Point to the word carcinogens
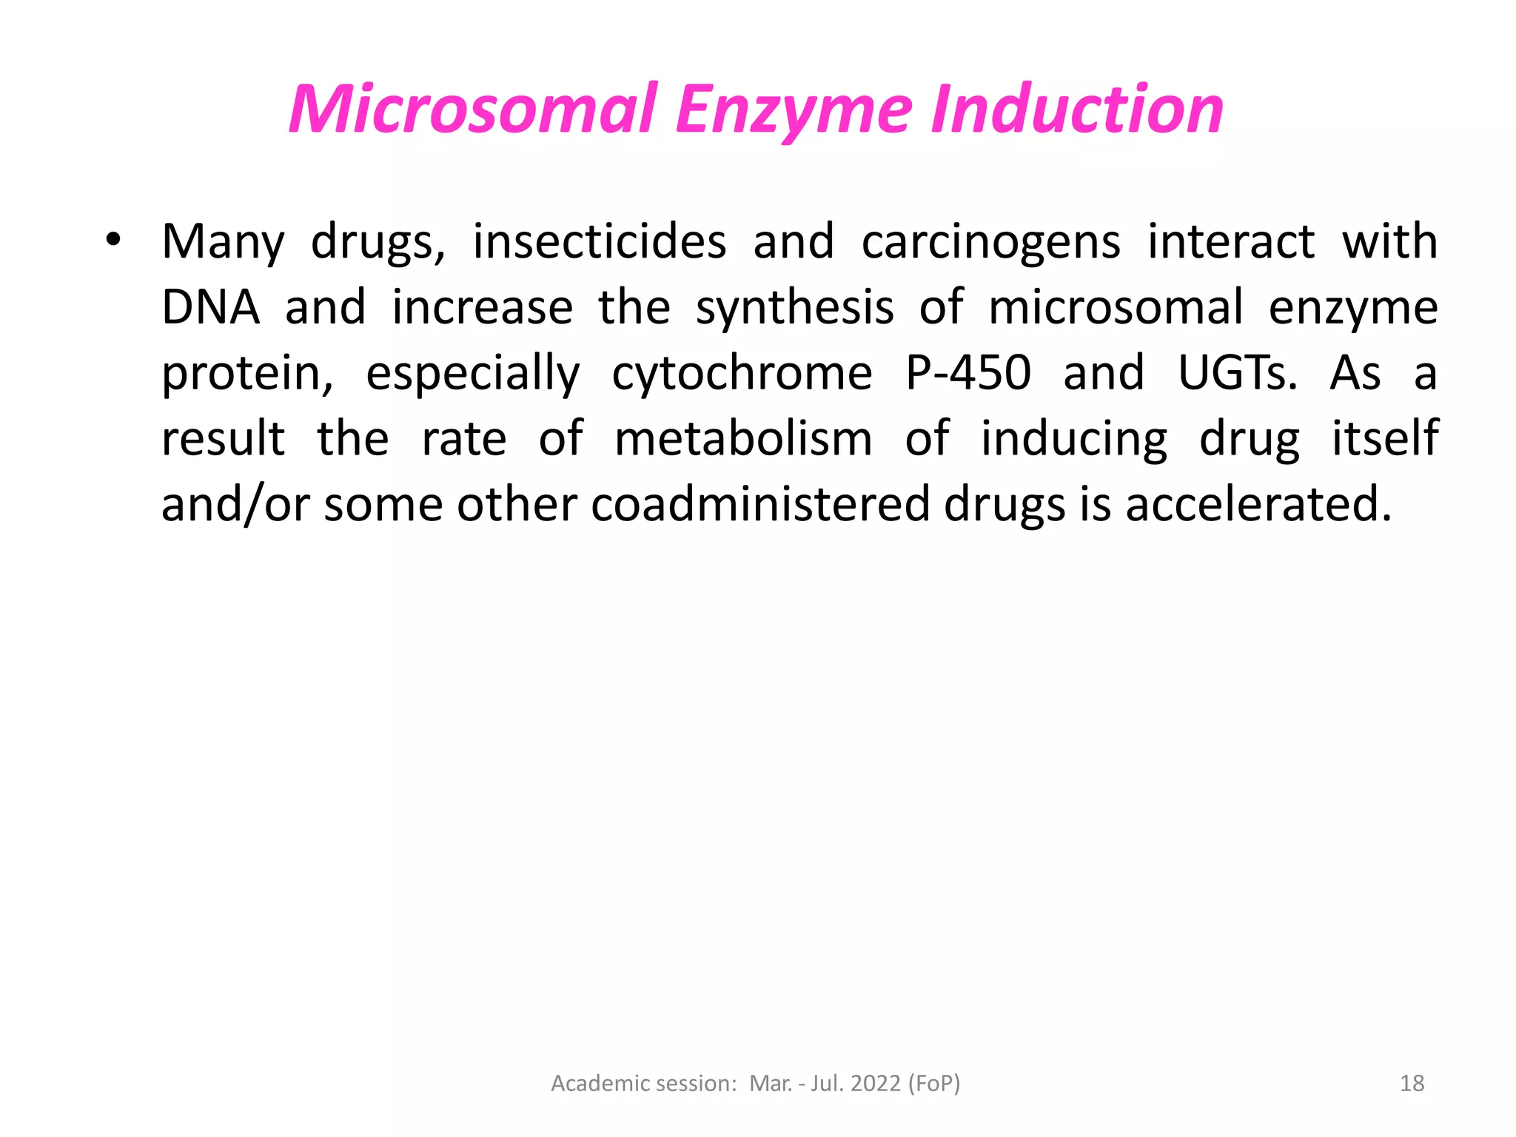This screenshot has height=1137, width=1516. (991, 243)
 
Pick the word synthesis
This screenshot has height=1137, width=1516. (795, 309)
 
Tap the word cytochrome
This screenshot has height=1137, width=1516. (742, 373)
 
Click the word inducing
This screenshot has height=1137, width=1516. (1074, 440)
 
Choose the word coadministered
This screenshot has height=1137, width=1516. (760, 504)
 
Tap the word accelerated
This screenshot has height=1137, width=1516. (1258, 504)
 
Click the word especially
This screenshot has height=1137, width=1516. (473, 374)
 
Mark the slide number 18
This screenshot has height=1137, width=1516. (1412, 1083)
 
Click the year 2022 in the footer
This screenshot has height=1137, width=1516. (876, 1083)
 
